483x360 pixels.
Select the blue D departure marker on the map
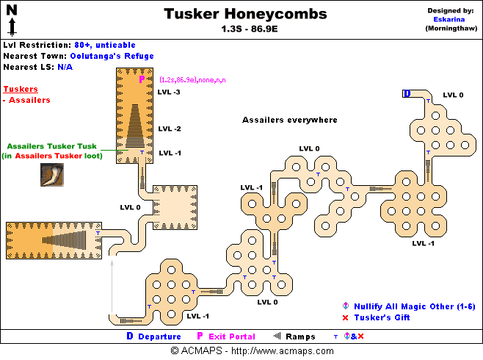point(407,93)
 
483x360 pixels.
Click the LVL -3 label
point(169,92)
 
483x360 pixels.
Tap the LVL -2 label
point(169,129)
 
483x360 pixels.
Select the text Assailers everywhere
point(289,120)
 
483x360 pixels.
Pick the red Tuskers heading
point(21,89)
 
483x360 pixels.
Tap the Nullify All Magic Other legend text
point(402,306)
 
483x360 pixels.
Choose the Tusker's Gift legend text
point(381,317)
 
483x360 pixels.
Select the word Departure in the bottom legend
point(159,336)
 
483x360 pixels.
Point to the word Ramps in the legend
point(300,336)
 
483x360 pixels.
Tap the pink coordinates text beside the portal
point(192,79)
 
